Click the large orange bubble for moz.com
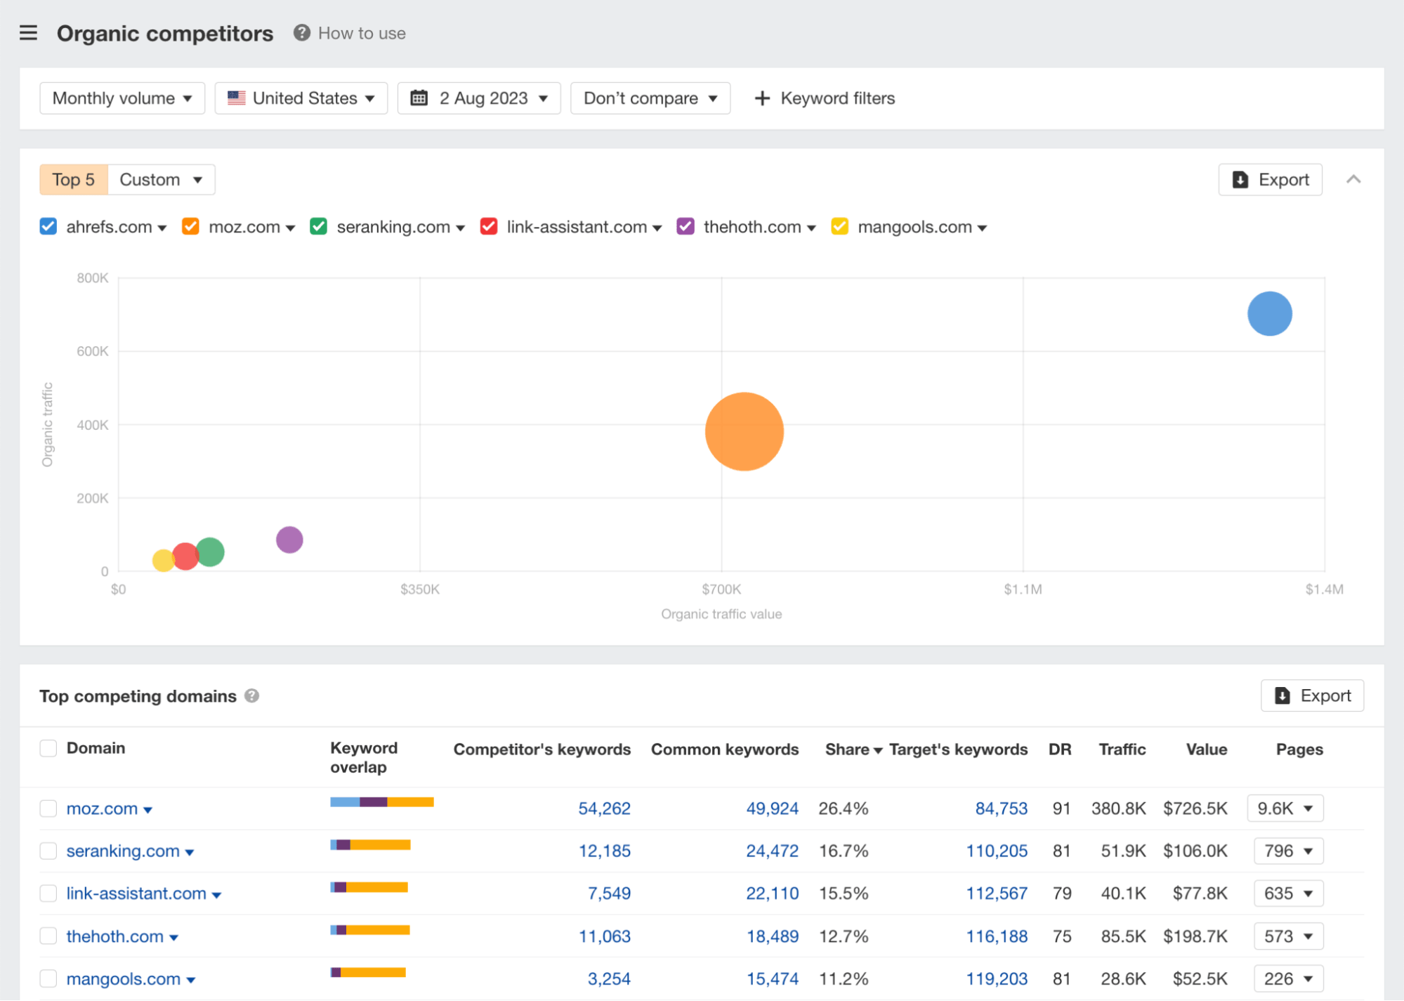pos(744,431)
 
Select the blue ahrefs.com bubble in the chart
pos(1269,313)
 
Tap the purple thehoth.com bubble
pos(289,539)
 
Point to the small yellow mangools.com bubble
pos(162,561)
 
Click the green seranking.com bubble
pos(211,551)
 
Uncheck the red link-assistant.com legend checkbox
pos(489,226)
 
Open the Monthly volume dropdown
pos(122,98)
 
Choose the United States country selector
pos(301,98)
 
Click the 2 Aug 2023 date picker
pos(479,98)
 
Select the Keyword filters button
pos(825,98)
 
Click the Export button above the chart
pos(1270,180)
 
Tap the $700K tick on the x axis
pos(721,589)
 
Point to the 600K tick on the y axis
pos(93,351)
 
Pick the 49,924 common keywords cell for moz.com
pos(772,809)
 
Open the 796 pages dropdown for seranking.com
pos(1288,851)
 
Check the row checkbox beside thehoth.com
pos(48,936)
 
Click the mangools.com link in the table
pos(124,979)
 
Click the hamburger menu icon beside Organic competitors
pos(28,33)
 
